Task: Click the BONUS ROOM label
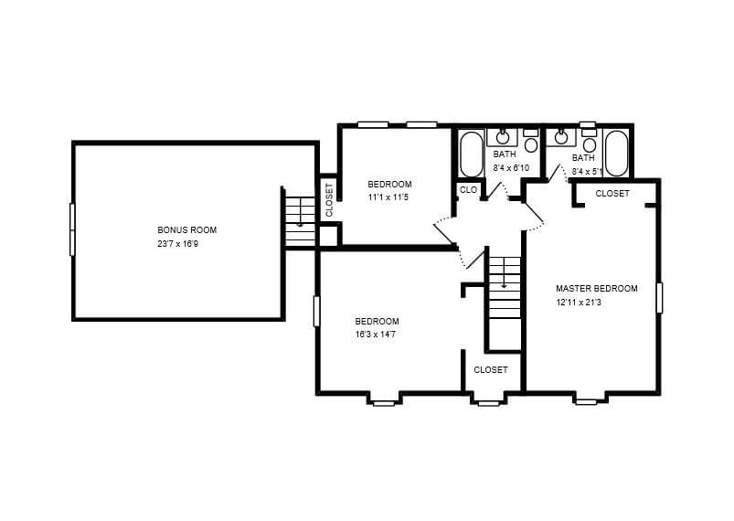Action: click(186, 229)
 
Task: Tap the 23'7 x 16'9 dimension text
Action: click(178, 244)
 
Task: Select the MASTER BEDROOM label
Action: click(596, 288)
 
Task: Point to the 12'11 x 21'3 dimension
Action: click(579, 303)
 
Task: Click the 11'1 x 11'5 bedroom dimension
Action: click(388, 197)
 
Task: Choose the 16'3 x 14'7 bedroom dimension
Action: click(376, 335)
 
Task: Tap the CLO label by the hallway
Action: click(468, 189)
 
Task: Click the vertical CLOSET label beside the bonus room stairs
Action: click(329, 200)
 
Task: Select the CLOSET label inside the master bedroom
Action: click(612, 194)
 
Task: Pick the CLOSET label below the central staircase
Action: click(491, 370)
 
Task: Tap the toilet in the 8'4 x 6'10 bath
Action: click(530, 141)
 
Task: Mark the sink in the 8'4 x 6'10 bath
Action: click(503, 137)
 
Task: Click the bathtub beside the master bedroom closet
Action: click(616, 153)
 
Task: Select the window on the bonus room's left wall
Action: click(72, 229)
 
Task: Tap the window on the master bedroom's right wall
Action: click(659, 298)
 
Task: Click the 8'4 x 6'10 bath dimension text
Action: click(511, 167)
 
